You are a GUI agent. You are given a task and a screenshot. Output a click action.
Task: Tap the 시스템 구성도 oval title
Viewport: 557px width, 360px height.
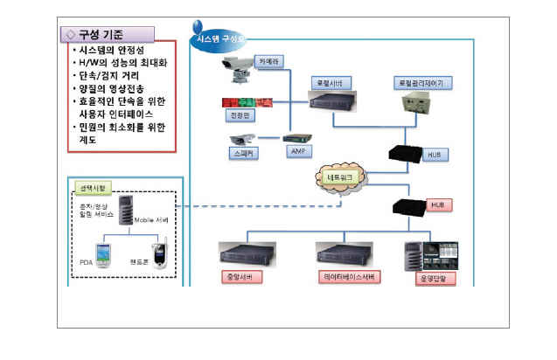(x=219, y=38)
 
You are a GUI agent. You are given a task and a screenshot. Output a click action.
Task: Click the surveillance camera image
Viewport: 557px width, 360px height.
(x=237, y=66)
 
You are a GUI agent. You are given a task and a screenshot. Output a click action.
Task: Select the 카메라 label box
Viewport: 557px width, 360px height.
(x=268, y=62)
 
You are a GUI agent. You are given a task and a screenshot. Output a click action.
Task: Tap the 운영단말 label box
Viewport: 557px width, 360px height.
(x=432, y=280)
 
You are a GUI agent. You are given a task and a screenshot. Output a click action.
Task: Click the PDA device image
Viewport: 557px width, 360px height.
(x=104, y=255)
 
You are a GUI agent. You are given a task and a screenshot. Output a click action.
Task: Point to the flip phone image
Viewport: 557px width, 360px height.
(x=158, y=253)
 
